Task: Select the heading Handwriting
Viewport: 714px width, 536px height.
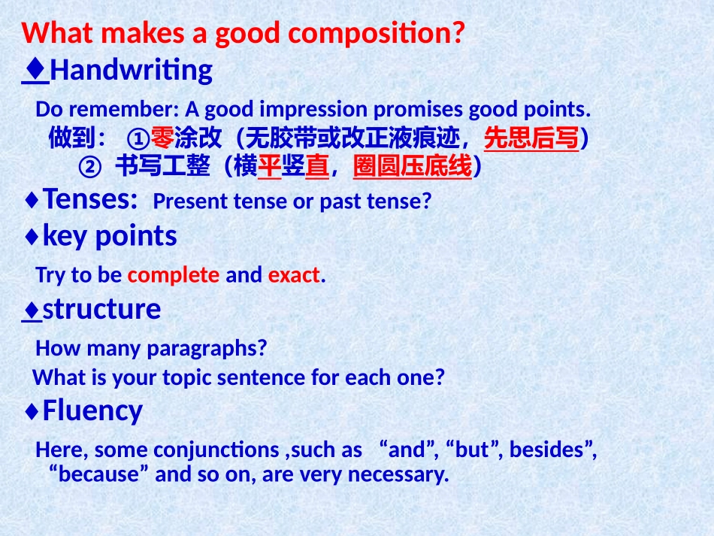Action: (x=131, y=71)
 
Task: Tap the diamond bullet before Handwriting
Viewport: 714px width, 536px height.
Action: (x=35, y=68)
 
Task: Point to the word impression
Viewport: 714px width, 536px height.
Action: (x=313, y=109)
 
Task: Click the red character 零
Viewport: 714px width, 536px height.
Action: (x=162, y=138)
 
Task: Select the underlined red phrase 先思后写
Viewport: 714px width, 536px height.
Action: (x=531, y=138)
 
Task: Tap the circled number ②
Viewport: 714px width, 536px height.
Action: (x=89, y=167)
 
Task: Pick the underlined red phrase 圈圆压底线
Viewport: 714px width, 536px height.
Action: (x=413, y=166)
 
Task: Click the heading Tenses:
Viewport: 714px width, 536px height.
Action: (x=90, y=199)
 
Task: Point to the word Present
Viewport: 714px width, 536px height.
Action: (x=190, y=201)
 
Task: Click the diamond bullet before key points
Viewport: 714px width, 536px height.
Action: (x=32, y=236)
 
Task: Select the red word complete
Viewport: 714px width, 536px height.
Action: (x=174, y=275)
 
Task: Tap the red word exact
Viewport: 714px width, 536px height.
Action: (x=294, y=275)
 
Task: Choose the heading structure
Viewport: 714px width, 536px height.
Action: (x=101, y=309)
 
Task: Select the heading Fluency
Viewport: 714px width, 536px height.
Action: (x=92, y=410)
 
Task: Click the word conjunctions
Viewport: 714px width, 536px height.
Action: (x=216, y=450)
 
